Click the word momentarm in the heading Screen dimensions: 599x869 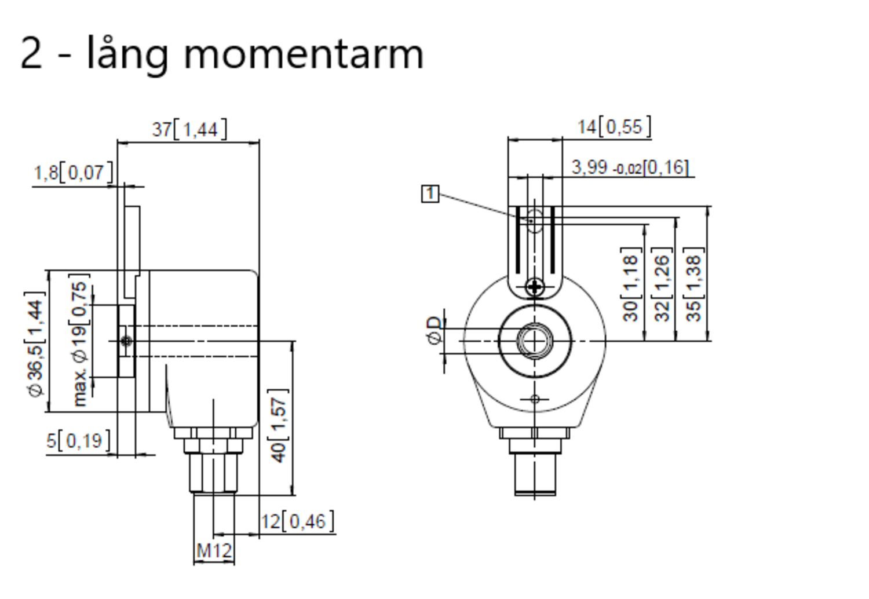pyautogui.click(x=304, y=54)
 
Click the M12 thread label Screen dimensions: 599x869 pyautogui.click(x=214, y=551)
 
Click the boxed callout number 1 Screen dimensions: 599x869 pyautogui.click(x=430, y=193)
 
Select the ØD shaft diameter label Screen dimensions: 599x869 pyautogui.click(x=436, y=331)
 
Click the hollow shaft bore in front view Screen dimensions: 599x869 pyautogui.click(x=534, y=341)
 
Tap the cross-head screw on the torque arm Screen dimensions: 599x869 pyautogui.click(x=534, y=287)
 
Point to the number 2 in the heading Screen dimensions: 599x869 pyautogui.click(x=32, y=54)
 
